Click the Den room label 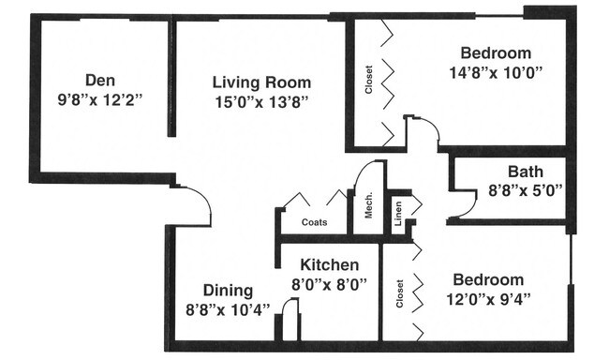[100, 80]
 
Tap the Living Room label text [261, 82]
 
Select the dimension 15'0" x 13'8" [261, 102]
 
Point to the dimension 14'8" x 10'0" [496, 72]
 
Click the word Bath [526, 172]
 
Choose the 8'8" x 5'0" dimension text [526, 190]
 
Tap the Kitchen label [330, 264]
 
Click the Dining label [228, 291]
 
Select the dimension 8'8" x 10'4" [228, 310]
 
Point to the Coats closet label [314, 222]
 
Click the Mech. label [368, 205]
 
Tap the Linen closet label [398, 214]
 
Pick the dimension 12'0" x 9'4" [488, 299]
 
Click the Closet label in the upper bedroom [368, 80]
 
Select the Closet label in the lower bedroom [400, 293]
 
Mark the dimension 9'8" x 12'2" [100, 100]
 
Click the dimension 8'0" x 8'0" [330, 284]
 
